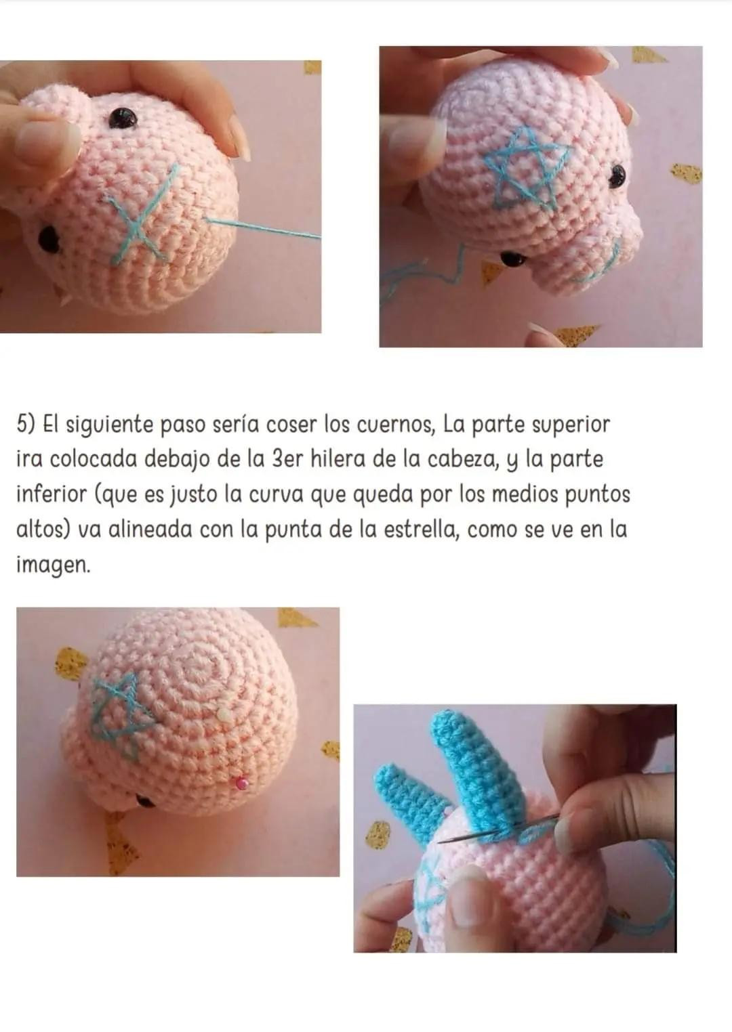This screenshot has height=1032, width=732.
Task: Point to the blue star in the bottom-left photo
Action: point(121,716)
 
